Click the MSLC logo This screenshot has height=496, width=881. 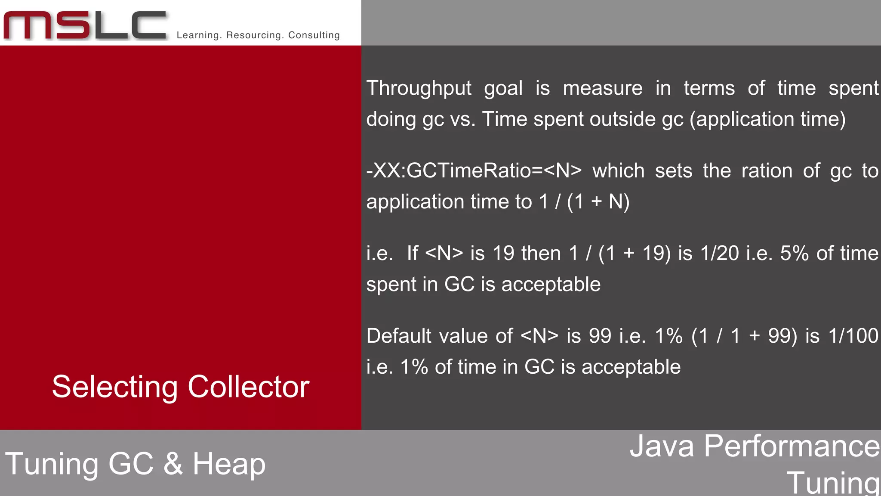click(85, 25)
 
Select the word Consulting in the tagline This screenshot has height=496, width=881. click(314, 35)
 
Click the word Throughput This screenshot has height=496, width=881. click(419, 88)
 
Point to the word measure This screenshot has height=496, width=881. click(602, 88)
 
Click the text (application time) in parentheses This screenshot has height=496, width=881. click(767, 119)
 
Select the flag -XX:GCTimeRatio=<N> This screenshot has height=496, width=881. click(474, 171)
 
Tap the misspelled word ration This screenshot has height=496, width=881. click(767, 171)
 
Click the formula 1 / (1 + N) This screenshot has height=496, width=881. click(584, 202)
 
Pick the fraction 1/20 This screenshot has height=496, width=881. click(719, 254)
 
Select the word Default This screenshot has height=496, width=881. click(398, 336)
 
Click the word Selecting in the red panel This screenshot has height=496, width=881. click(114, 387)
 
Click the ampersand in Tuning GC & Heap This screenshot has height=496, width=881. click(173, 464)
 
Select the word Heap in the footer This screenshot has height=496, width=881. click(229, 464)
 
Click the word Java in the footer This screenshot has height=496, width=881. click(662, 446)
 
